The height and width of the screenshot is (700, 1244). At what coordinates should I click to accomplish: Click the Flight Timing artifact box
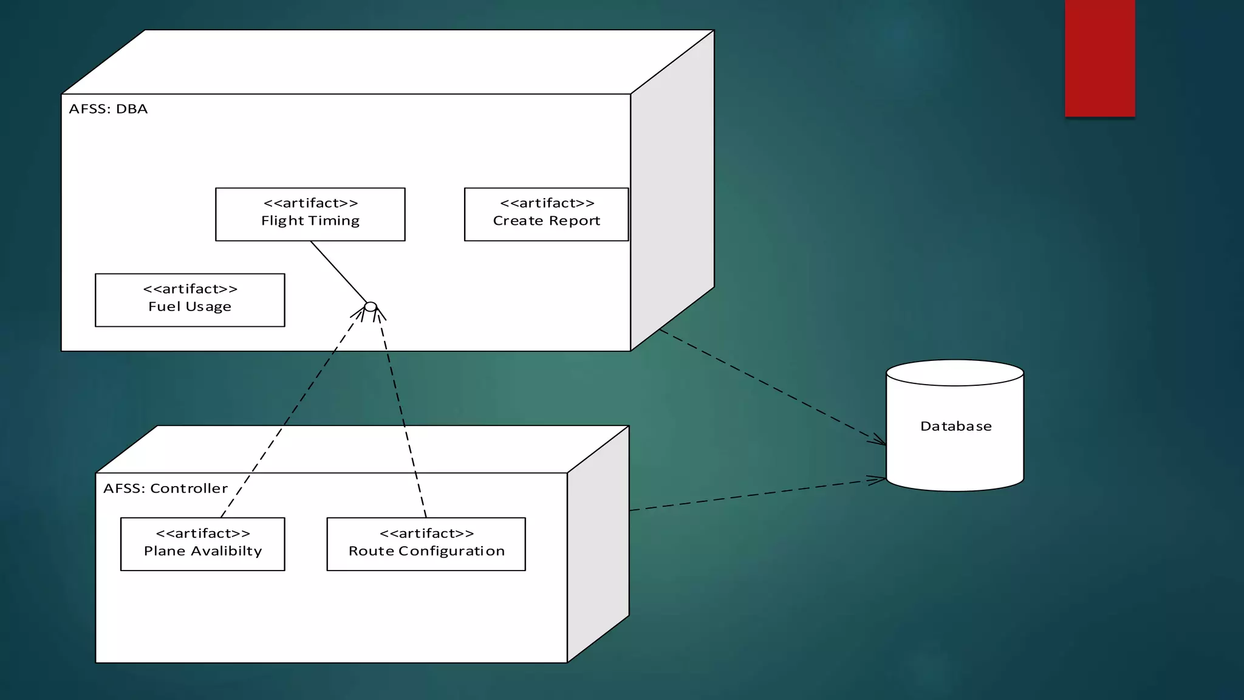(x=310, y=214)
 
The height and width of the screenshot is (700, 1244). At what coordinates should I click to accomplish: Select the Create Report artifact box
(x=546, y=214)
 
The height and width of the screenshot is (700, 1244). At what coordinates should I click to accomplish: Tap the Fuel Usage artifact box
(x=190, y=300)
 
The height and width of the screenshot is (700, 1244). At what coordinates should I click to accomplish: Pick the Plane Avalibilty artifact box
(x=202, y=544)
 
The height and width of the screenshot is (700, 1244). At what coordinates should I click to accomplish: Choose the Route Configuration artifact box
(x=426, y=544)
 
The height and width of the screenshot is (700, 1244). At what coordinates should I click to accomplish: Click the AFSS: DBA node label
(x=108, y=109)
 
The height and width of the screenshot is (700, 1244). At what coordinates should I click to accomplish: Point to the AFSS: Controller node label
(x=165, y=488)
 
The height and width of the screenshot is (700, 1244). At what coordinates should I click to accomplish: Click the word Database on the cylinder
(x=955, y=426)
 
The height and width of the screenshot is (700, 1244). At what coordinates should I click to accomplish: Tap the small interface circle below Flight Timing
(x=371, y=306)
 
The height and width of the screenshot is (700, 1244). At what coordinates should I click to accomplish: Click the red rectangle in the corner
(x=1099, y=58)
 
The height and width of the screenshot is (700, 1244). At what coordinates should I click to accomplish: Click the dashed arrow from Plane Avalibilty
(x=292, y=413)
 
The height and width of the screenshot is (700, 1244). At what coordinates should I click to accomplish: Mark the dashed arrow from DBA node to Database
(x=771, y=387)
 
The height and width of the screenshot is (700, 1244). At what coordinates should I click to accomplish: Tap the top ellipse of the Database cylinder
(x=955, y=372)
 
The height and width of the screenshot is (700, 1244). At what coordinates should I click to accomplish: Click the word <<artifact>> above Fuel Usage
(x=190, y=289)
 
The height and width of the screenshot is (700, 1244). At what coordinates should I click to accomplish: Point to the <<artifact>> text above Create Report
(x=546, y=203)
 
